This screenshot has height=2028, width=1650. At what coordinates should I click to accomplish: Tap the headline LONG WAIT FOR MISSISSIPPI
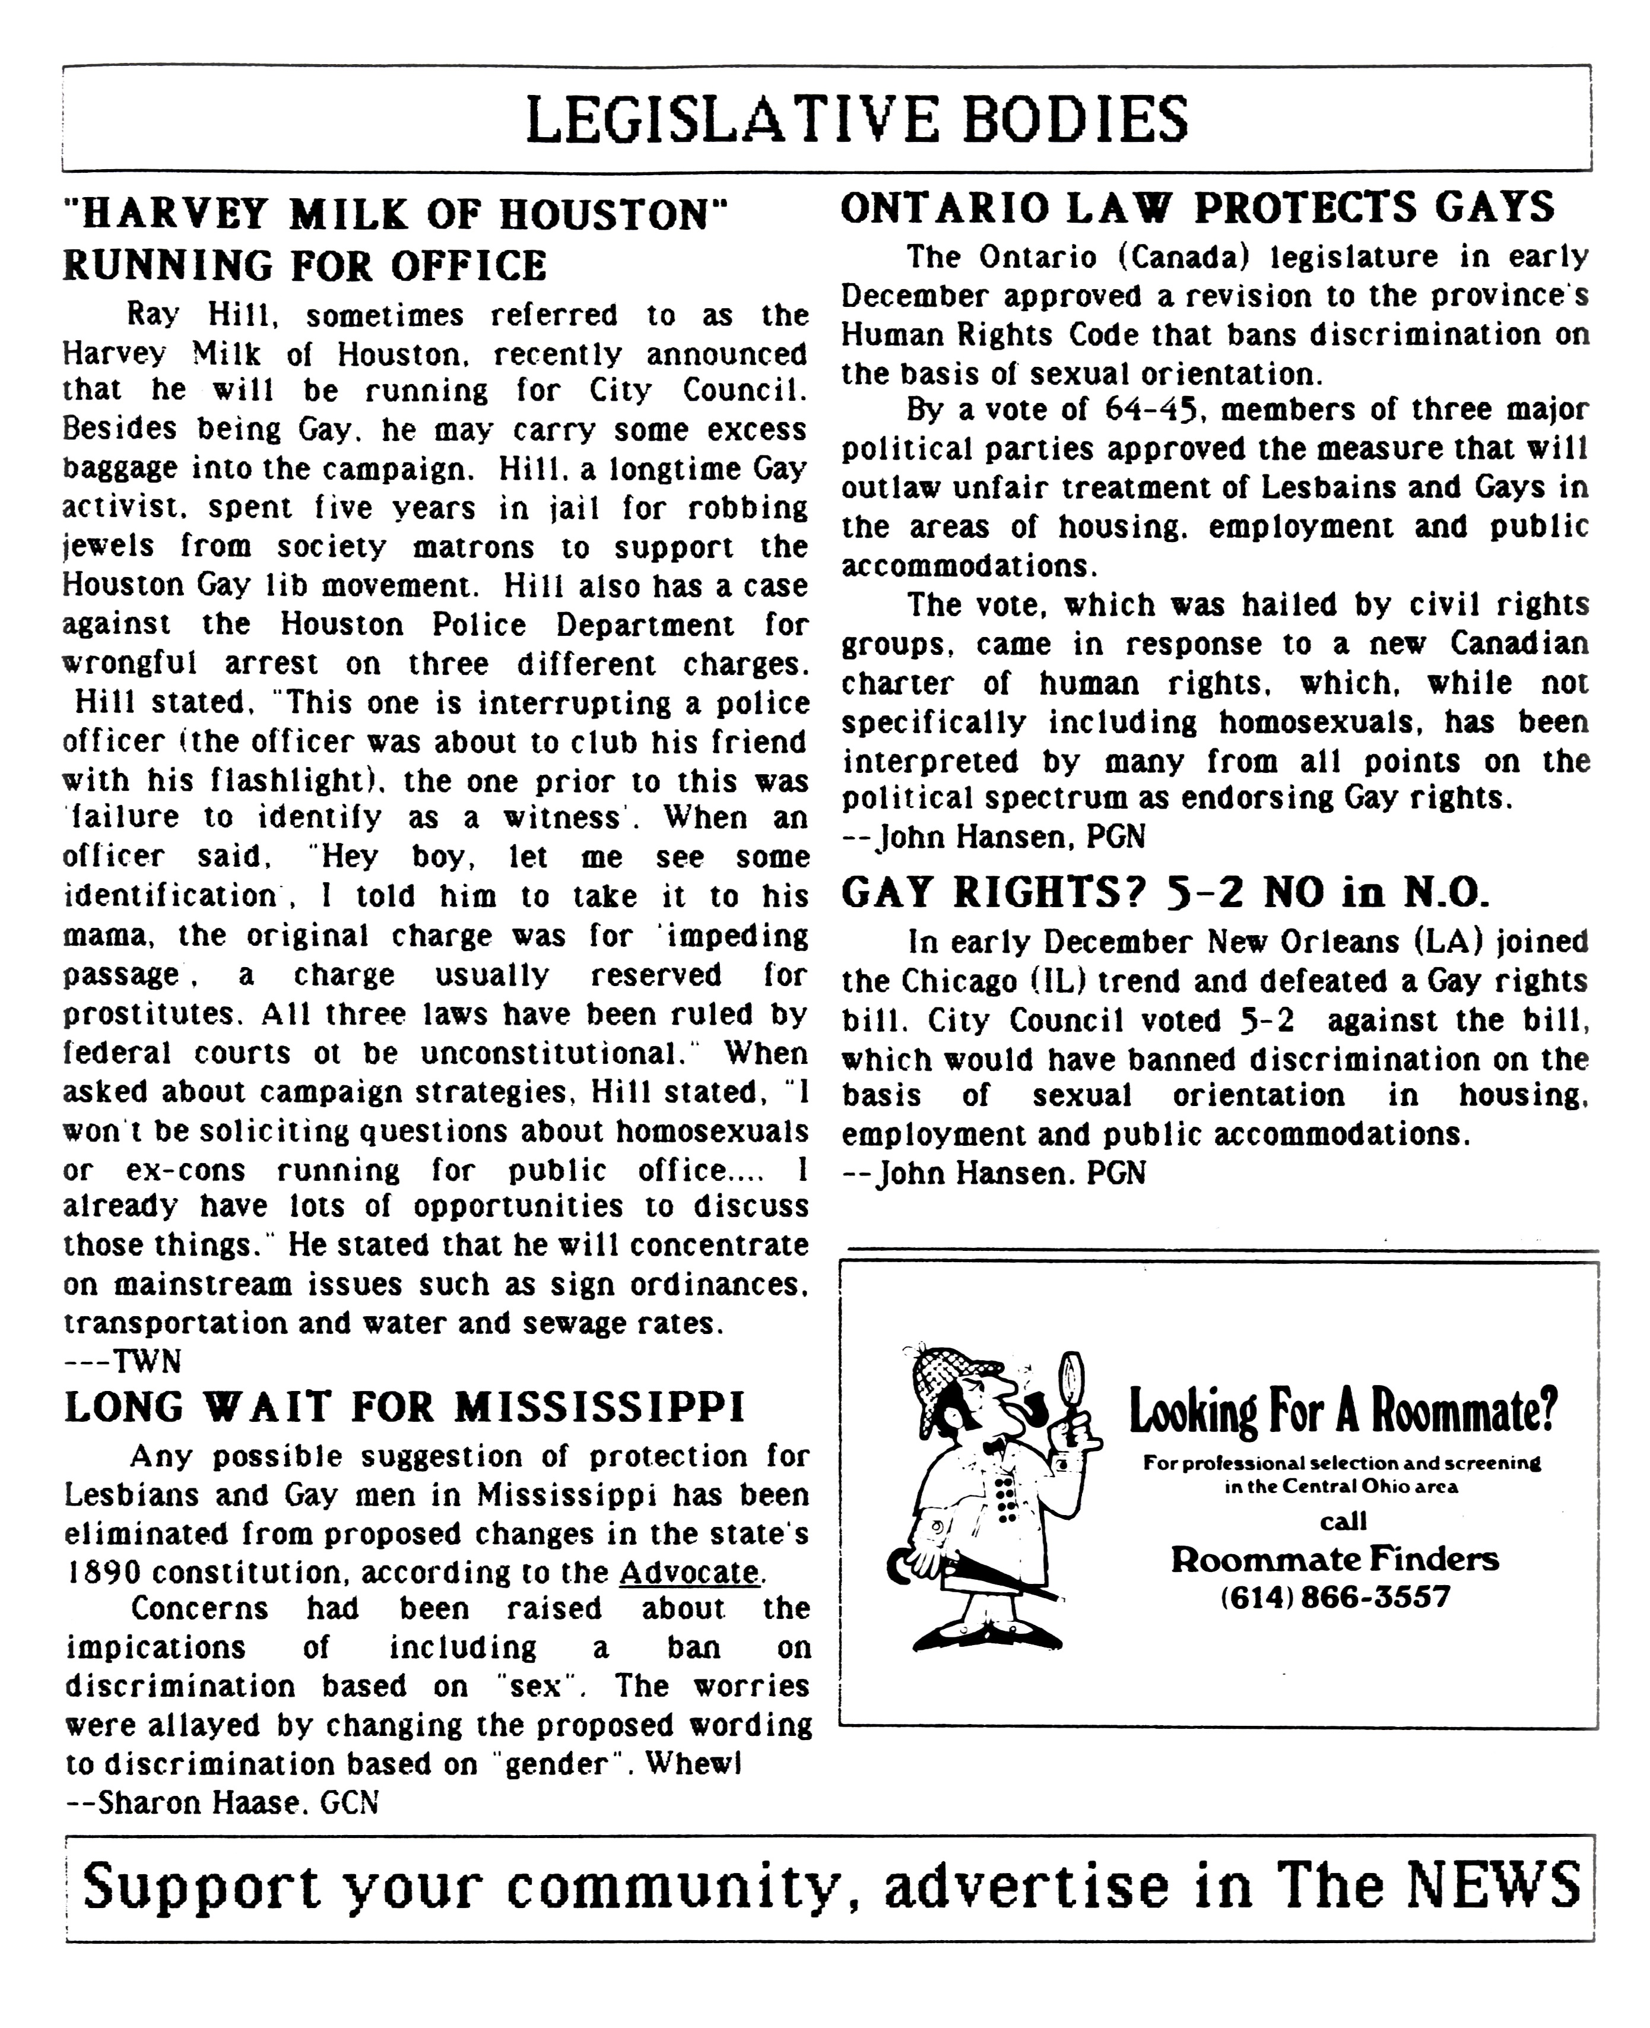point(405,1407)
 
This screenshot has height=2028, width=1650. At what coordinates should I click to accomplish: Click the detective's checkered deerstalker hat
point(950,1374)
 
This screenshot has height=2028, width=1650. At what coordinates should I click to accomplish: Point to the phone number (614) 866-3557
point(1334,1596)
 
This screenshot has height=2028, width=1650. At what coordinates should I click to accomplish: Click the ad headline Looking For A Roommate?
point(1342,1412)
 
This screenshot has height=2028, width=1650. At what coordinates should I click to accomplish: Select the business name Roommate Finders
point(1334,1558)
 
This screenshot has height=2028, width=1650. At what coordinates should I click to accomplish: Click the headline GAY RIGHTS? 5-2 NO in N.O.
point(1164,893)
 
